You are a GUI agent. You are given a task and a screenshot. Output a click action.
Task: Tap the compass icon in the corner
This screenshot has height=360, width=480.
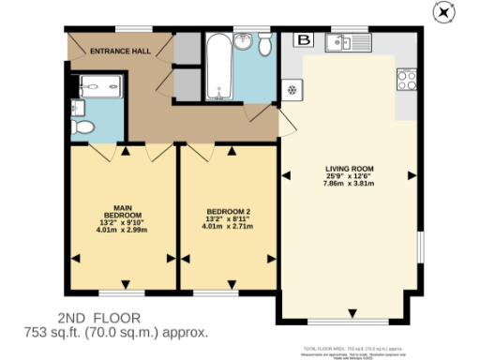click(443, 12)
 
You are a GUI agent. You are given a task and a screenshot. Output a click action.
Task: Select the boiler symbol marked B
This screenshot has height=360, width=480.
click(303, 39)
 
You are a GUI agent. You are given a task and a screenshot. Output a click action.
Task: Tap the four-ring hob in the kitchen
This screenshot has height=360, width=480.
click(408, 80)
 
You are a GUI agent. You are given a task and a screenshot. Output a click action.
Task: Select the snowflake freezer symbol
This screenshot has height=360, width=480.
click(292, 91)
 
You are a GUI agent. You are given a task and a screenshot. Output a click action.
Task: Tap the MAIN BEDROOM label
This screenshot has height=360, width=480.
click(121, 212)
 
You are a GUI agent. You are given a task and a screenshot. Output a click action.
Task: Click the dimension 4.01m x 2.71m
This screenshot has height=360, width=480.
click(229, 229)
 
